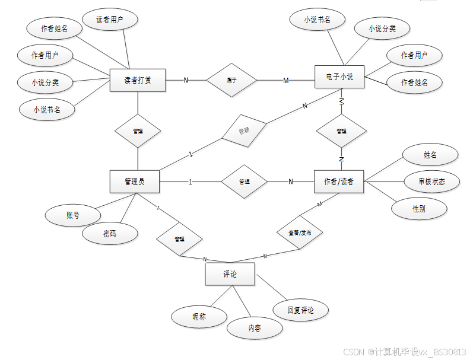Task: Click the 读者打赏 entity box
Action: pos(138,80)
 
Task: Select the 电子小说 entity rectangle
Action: pos(339,77)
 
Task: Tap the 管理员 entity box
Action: pos(135,181)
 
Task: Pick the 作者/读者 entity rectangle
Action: pos(338,181)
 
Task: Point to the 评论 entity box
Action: pos(230,275)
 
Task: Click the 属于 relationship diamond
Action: pos(232,80)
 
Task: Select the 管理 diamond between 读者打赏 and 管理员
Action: pos(138,130)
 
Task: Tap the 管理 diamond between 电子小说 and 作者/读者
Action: pos(341,131)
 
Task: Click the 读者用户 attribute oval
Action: pos(110,20)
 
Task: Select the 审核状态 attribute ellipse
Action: pos(431,181)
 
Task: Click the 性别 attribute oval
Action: pos(419,209)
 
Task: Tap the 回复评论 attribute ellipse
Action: pos(300,310)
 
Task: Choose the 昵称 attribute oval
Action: pos(199,317)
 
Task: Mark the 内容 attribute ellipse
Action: pos(254,327)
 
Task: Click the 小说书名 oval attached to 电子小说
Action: pos(317,20)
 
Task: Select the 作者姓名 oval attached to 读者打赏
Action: pos(54,28)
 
